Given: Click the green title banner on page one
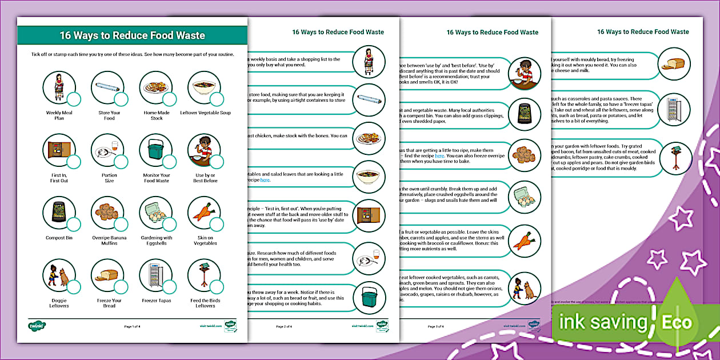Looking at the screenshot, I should pyautogui.click(x=132, y=35).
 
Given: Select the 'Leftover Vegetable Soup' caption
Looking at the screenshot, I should pyautogui.click(x=205, y=113).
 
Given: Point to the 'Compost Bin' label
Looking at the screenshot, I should pyautogui.click(x=58, y=238).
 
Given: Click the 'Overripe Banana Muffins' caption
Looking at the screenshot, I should pyautogui.click(x=109, y=241).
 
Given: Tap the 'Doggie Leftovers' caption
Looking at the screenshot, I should pyautogui.click(x=58, y=303).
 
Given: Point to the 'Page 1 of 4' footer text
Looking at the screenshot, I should pyautogui.click(x=132, y=326).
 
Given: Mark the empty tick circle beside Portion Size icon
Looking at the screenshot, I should pyautogui.click(x=121, y=162).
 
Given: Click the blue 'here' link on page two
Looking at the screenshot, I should pyautogui.click(x=265, y=180).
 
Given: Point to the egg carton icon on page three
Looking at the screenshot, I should pyautogui.click(x=524, y=198).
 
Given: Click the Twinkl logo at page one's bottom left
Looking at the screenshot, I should pyautogui.click(x=37, y=326).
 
